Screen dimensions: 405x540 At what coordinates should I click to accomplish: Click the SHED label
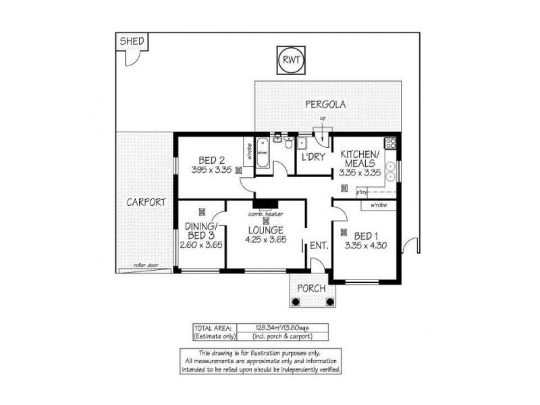132,42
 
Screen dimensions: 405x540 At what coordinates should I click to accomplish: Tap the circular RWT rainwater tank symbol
292,61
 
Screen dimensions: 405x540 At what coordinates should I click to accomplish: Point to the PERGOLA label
325,105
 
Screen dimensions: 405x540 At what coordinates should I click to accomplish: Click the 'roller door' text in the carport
145,266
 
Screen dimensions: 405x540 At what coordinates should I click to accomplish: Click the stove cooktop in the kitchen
389,143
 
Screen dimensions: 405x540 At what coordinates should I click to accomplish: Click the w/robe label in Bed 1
378,205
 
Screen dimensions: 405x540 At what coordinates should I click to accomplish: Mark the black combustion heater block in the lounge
265,203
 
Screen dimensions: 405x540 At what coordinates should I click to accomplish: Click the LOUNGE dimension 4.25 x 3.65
265,238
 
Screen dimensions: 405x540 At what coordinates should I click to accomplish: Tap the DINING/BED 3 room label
197,230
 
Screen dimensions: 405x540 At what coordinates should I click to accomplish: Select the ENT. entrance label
319,246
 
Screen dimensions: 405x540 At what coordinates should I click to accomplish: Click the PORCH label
311,288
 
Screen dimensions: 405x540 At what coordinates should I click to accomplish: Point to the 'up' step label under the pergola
323,120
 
